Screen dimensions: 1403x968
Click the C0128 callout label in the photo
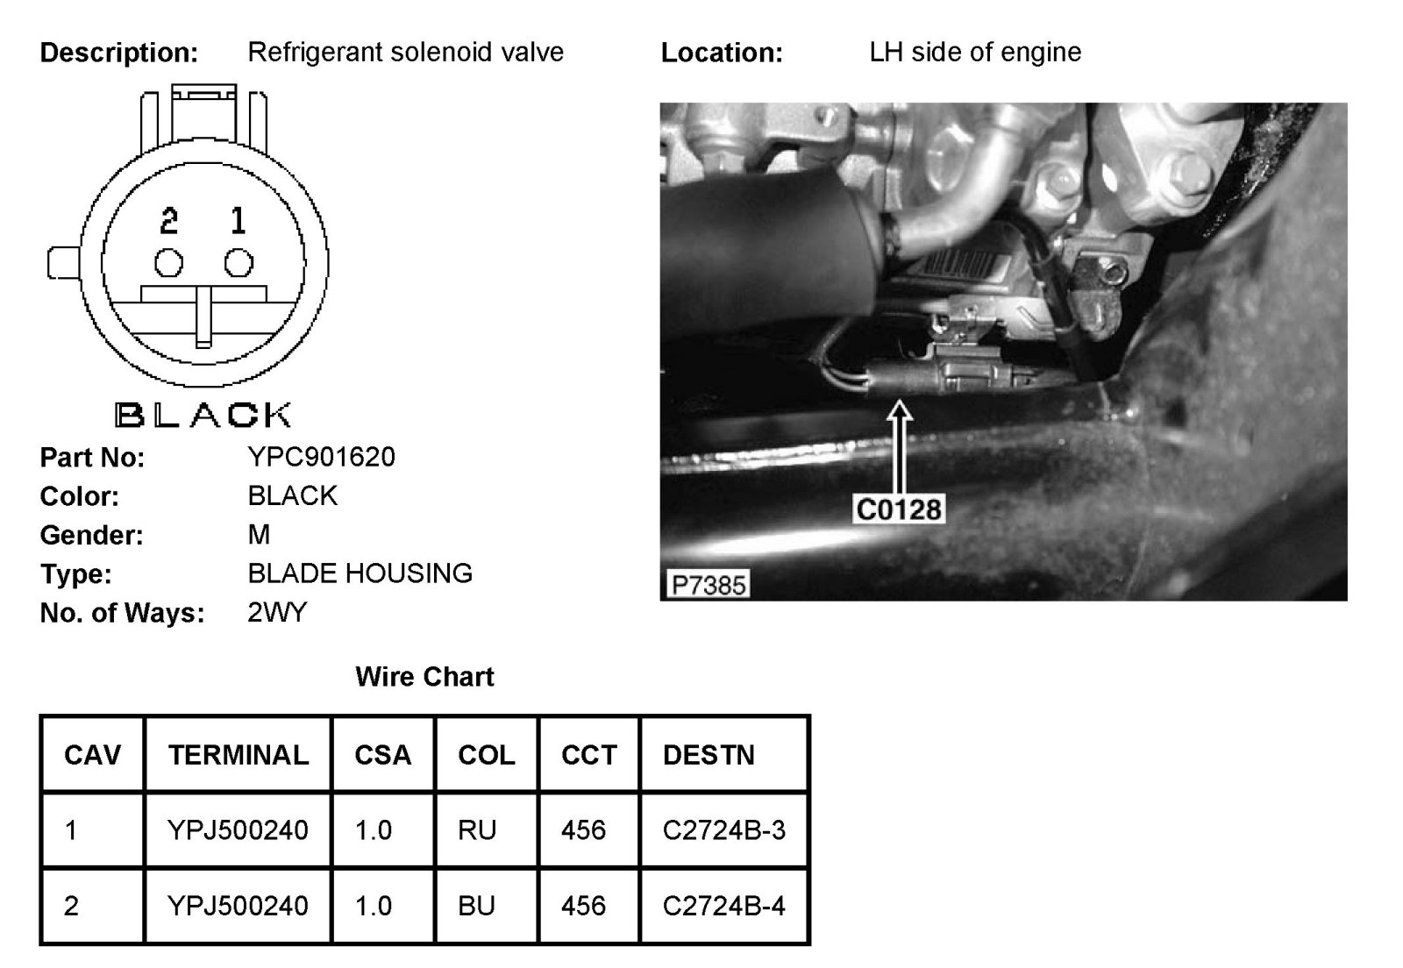coord(898,509)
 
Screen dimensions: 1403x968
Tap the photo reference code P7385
coord(709,584)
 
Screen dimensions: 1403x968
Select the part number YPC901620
coord(321,457)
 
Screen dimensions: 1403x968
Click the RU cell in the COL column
coord(477,829)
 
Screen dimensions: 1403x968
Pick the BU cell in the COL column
coord(476,905)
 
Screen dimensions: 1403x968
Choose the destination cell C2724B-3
coord(723,829)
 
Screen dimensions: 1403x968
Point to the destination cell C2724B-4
coord(723,905)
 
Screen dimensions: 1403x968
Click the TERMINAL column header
coord(238,755)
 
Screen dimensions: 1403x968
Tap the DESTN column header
coord(709,755)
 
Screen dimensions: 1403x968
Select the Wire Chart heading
coord(424,677)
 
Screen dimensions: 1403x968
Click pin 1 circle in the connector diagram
coord(239,263)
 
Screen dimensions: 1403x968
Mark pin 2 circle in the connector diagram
coord(168,263)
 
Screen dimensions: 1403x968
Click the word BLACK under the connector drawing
coord(203,415)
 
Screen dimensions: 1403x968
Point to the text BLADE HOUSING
coord(360,573)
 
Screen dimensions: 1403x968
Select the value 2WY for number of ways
coord(277,612)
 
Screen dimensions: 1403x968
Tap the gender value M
coord(259,534)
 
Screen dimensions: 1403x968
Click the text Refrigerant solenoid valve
coord(405,53)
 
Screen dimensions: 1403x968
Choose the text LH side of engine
coord(975,53)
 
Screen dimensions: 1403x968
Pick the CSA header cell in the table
coord(382,755)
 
